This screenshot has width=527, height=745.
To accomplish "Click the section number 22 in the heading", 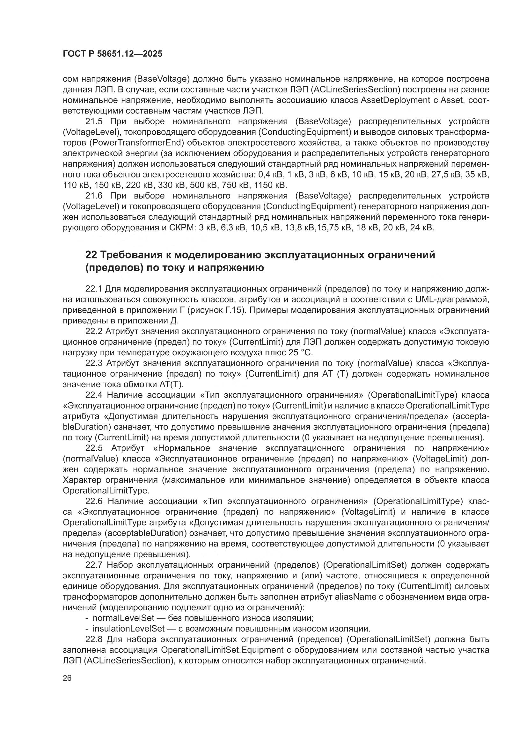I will point(91,255).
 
